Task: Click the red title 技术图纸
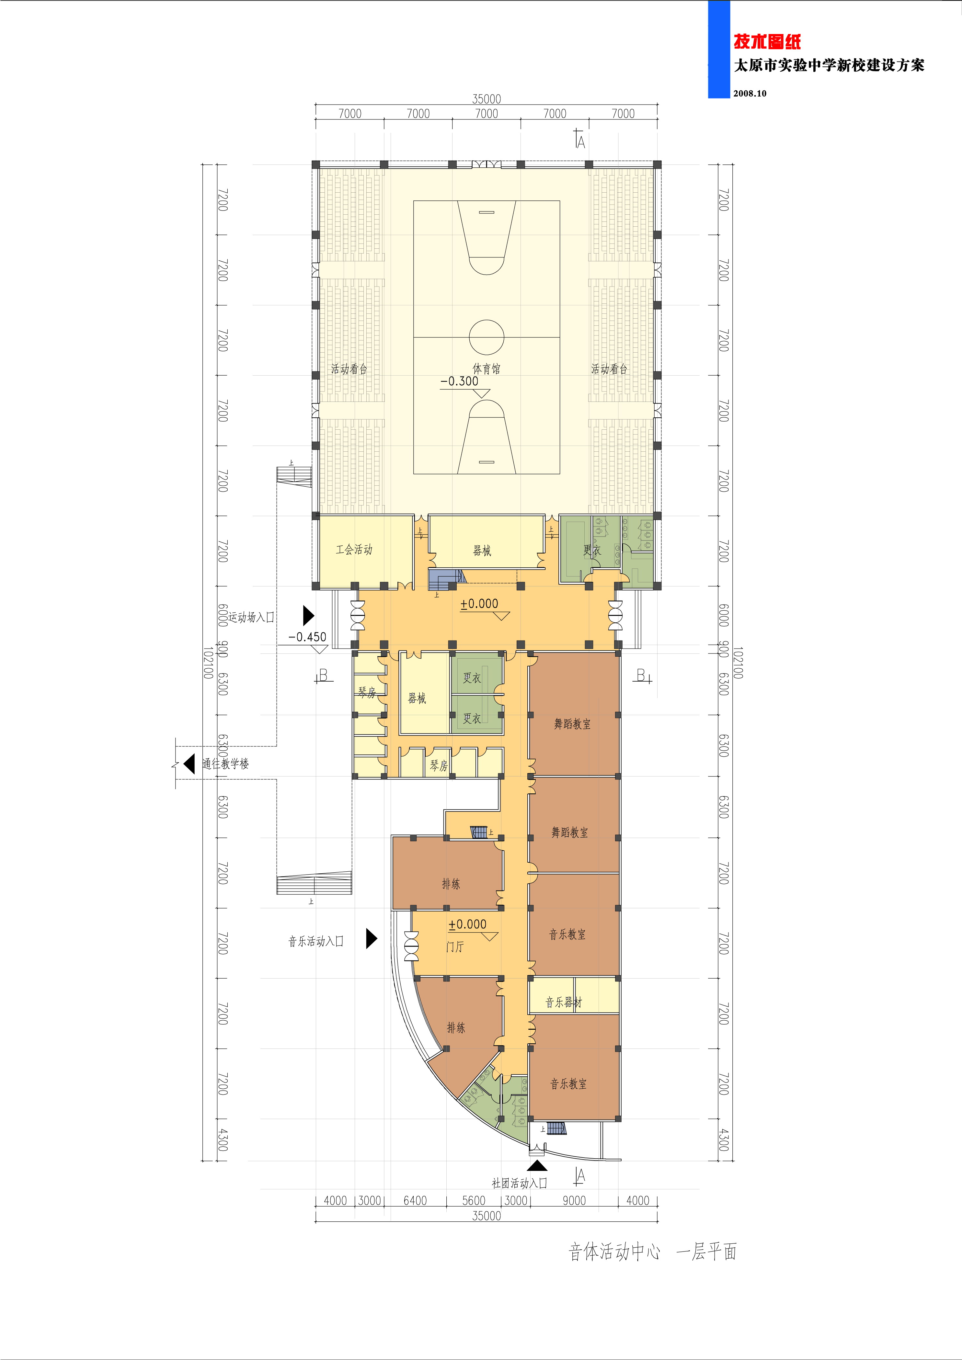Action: [767, 41]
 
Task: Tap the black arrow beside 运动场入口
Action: [308, 616]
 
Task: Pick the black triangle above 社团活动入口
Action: [537, 1166]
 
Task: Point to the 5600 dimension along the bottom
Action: [473, 1201]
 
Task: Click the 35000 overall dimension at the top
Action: [486, 99]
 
